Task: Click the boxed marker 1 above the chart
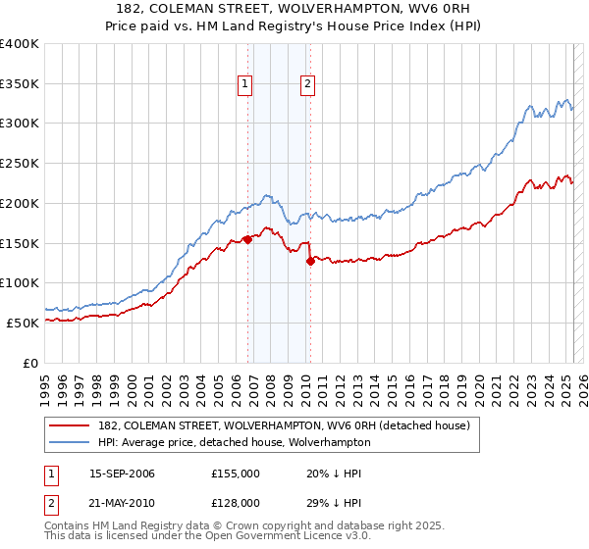[x=244, y=84]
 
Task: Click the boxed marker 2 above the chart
[x=307, y=84]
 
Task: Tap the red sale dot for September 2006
[x=247, y=239]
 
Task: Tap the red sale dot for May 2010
[x=310, y=261]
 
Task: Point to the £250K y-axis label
[x=20, y=164]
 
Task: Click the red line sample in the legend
[x=70, y=425]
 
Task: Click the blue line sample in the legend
[x=70, y=442]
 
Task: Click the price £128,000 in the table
[x=236, y=502]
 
